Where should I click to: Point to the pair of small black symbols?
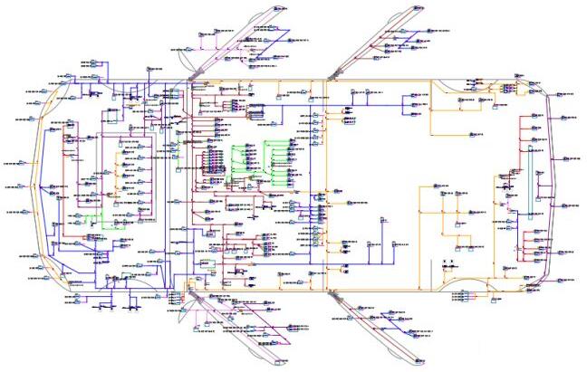coord(448,266)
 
